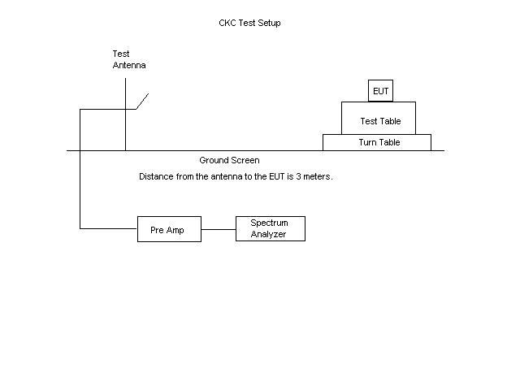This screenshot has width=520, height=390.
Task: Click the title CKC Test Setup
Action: coord(244,23)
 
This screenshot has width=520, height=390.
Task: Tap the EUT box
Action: coord(380,91)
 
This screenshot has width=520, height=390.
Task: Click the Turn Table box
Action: coord(383,142)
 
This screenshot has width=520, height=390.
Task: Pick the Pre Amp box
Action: coord(169,230)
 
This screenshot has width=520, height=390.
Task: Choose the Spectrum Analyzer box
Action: coord(270,228)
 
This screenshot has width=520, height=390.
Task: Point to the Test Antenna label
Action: coord(128,59)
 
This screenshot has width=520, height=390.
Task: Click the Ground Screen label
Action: coord(229,160)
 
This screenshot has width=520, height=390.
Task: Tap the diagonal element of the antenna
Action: coord(142,101)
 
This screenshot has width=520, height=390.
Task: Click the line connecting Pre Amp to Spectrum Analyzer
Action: coord(219,230)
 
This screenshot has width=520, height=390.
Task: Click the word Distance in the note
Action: coord(156,176)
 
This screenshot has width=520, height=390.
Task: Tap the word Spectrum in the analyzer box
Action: coord(269,223)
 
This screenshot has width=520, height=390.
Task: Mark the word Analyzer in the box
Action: coord(269,234)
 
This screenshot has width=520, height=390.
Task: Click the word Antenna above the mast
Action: coord(129,65)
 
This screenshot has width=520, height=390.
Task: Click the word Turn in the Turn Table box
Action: coord(368,142)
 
